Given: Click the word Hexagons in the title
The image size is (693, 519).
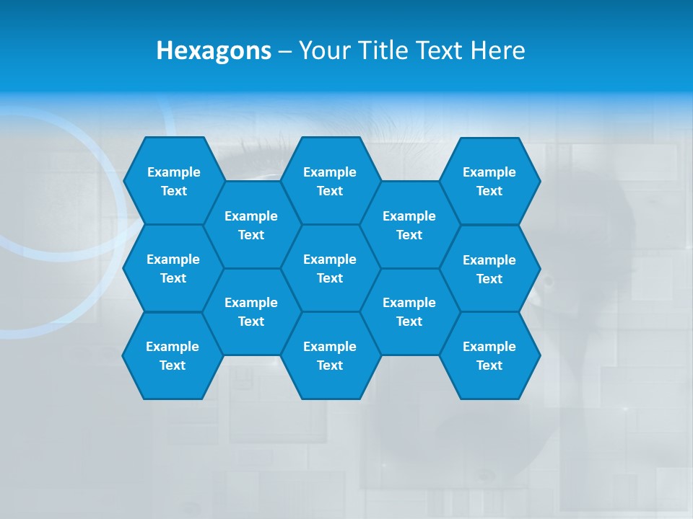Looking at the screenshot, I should click(214, 50).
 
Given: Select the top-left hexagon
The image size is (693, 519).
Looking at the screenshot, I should click(173, 181).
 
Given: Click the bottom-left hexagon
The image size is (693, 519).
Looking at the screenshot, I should click(173, 355).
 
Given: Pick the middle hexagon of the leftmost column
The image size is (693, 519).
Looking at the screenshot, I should click(173, 268).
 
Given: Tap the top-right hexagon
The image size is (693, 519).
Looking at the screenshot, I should click(489, 181).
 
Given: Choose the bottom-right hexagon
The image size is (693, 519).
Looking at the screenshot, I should click(489, 355).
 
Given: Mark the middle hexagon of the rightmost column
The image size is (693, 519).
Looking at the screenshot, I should click(489, 269).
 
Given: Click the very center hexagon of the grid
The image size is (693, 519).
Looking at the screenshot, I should click(330, 268).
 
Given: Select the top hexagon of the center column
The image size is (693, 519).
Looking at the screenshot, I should click(330, 181).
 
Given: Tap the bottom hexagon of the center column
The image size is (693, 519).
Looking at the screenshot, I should click(330, 355).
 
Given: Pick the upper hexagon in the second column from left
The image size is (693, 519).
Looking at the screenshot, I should click(251, 225).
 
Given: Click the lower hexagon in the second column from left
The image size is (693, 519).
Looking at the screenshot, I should click(251, 311).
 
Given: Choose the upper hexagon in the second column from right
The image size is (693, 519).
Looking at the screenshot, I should click(409, 225).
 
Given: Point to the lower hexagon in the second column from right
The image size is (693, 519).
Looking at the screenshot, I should click(409, 311).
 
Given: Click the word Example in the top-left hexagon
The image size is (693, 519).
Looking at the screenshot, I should click(173, 172).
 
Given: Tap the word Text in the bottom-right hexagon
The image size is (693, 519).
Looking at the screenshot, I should click(489, 365).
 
